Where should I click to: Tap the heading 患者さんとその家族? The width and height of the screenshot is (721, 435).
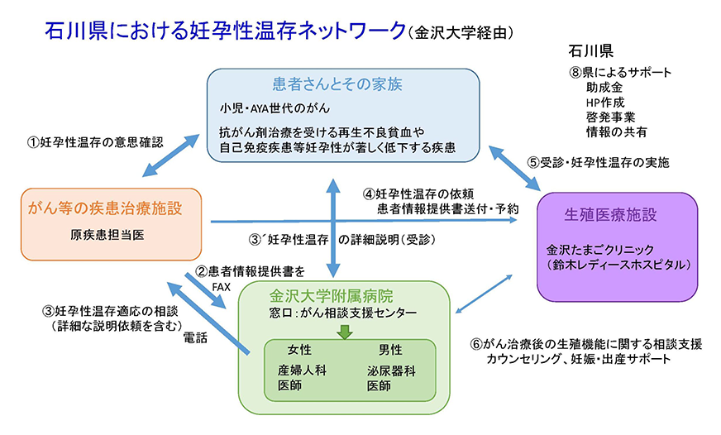342,84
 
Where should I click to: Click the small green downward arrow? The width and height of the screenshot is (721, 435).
345,332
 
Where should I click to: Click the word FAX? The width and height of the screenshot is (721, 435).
222,286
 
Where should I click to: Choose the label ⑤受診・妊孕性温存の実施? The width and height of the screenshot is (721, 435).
598,162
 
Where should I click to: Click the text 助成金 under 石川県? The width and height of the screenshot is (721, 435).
604,87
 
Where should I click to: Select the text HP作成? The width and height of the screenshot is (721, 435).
604,102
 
